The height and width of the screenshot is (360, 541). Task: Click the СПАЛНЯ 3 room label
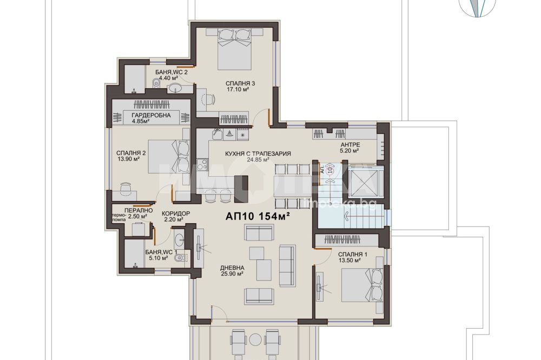[240, 83]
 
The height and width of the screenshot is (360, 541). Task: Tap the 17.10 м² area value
[237, 90]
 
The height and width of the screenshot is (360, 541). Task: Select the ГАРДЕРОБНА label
[151, 115]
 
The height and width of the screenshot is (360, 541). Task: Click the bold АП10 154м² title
[258, 216]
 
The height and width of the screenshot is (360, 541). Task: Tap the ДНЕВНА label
[232, 268]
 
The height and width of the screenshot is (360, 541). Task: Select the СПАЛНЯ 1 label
[353, 255]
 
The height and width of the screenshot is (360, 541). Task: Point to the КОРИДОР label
[176, 214]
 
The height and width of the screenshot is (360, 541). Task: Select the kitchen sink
[217, 133]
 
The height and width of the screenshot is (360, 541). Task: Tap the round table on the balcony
[256, 338]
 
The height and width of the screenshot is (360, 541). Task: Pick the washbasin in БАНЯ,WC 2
[177, 89]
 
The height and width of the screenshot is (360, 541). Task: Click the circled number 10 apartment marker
[330, 170]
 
